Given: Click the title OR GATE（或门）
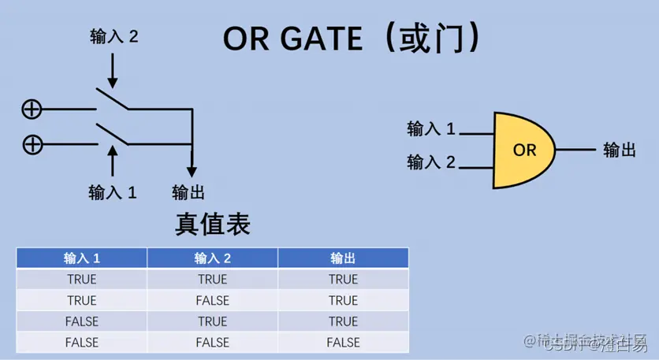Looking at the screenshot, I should point(351,38).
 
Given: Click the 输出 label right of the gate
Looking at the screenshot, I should point(620,150).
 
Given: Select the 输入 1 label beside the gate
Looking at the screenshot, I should point(431,128).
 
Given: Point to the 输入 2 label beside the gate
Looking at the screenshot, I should point(431,162).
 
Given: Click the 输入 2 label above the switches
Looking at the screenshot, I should point(114,37).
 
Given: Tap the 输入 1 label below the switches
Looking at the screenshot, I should point(113,191).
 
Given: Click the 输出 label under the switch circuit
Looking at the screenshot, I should point(188,191).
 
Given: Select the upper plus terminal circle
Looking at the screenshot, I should point(32,109).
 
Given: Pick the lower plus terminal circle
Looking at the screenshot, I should point(32,144).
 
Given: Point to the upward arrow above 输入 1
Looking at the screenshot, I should point(112,161).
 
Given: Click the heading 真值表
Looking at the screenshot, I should point(212,225).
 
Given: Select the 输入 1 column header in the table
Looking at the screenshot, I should point(82,258).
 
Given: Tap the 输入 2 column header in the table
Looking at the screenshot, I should point(212,258).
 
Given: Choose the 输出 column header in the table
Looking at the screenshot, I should point(343,258).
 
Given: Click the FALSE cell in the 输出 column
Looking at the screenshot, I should point(343,343).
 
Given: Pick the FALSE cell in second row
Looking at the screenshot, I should point(212,300).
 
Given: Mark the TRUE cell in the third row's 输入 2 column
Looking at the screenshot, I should point(212,321).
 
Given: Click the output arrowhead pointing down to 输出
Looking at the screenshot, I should point(191,172).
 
